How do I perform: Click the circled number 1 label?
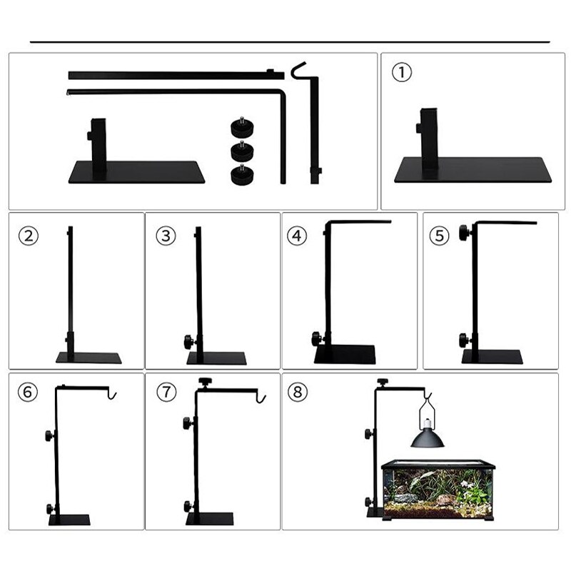(403, 72)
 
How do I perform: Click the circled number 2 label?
(28, 236)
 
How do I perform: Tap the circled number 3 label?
(166, 236)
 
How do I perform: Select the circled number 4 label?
(296, 236)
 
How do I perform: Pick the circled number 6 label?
(28, 392)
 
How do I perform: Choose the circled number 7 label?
(166, 392)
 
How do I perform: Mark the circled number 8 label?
(296, 392)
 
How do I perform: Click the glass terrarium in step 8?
(438, 489)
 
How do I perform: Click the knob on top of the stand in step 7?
(207, 381)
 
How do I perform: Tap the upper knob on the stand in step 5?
(465, 232)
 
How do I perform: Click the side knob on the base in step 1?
(417, 128)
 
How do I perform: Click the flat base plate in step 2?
(89, 358)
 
